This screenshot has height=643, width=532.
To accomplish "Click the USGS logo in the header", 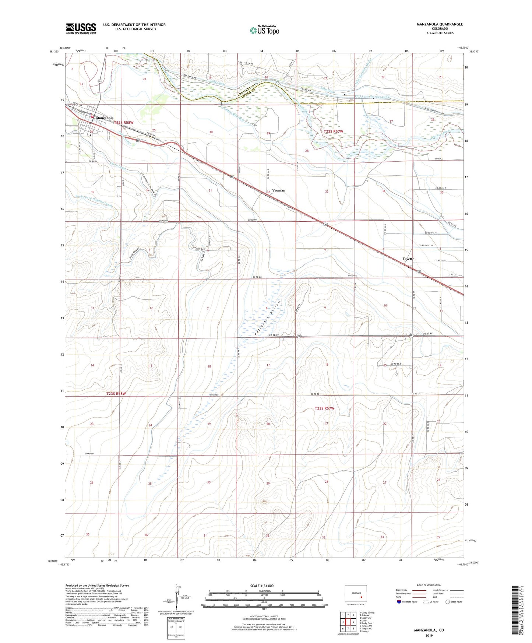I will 81,28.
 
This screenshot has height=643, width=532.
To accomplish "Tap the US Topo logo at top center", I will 264,30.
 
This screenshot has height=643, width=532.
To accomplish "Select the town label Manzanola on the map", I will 105,118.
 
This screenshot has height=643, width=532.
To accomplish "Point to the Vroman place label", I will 279,190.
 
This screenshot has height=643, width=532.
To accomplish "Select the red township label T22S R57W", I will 334,131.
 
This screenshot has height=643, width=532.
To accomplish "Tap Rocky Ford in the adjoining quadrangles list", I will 367,623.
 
